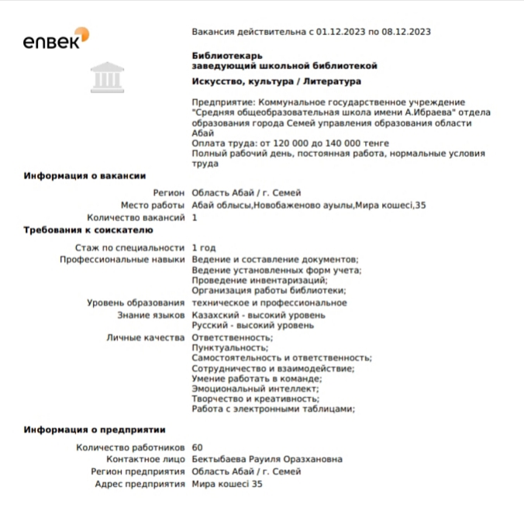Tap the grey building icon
[x=105, y=76]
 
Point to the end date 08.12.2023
[x=404, y=32]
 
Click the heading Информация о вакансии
[x=84, y=176]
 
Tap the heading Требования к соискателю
[x=91, y=230]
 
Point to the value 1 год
[x=205, y=247]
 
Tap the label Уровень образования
[x=136, y=302]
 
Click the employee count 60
[x=197, y=447]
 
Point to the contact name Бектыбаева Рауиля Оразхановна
[x=267, y=459]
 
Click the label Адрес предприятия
[x=140, y=483]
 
